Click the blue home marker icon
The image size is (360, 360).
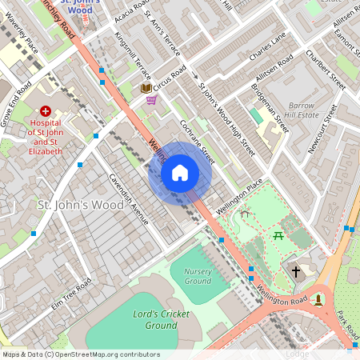180,173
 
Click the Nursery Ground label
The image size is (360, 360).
198,276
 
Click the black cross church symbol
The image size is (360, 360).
295,272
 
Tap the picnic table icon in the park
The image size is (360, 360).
279,235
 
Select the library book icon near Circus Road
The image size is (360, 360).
146,88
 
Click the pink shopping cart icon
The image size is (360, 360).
151,100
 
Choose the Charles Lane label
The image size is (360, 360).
266,46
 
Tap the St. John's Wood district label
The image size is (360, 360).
81,205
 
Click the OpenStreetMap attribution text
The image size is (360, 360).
81,354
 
